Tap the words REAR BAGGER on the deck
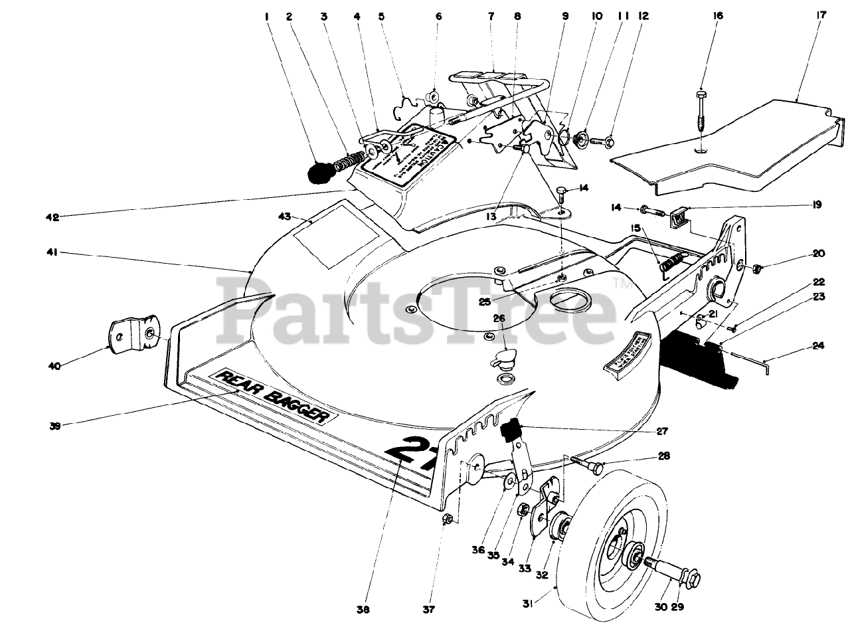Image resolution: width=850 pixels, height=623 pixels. [x=274, y=396]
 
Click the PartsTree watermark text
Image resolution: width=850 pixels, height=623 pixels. [x=418, y=308]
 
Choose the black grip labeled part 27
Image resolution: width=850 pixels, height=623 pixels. [x=511, y=430]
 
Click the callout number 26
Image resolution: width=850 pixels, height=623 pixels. [x=499, y=318]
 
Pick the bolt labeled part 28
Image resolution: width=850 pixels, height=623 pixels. [x=586, y=463]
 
